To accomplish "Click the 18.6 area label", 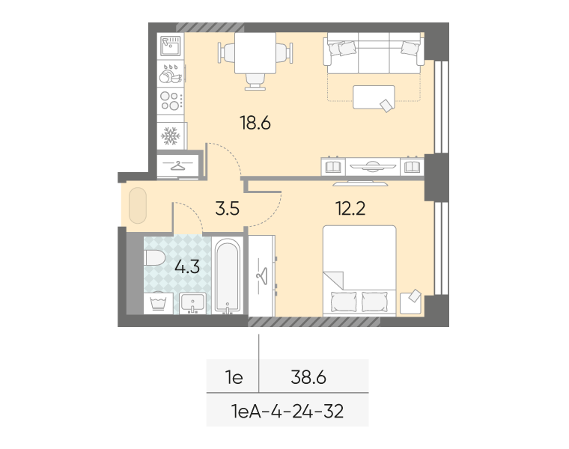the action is pyautogui.click(x=255, y=123).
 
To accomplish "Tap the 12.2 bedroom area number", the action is pyautogui.click(x=350, y=208).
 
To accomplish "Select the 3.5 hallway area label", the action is pyautogui.click(x=227, y=209).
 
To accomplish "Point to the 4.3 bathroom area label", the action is pyautogui.click(x=187, y=267).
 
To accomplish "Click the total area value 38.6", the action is pyautogui.click(x=308, y=378).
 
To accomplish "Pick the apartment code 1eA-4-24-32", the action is pyautogui.click(x=287, y=412).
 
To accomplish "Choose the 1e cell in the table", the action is pyautogui.click(x=234, y=378).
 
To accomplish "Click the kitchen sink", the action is pyautogui.click(x=171, y=46).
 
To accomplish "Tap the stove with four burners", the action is pyautogui.click(x=171, y=101).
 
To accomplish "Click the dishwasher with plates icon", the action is pyautogui.click(x=171, y=73).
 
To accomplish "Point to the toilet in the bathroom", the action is pyautogui.click(x=154, y=257).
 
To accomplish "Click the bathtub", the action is pyautogui.click(x=227, y=275).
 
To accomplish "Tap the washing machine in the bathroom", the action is pyautogui.click(x=158, y=303).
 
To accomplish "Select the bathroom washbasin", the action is pyautogui.click(x=192, y=303).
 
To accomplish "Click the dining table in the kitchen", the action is pyautogui.click(x=255, y=53).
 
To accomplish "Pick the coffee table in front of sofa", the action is pyautogui.click(x=374, y=97).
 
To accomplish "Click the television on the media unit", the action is pyautogui.click(x=372, y=166).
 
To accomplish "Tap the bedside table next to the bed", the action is pyautogui.click(x=410, y=303).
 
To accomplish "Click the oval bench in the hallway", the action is pyautogui.click(x=138, y=205).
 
